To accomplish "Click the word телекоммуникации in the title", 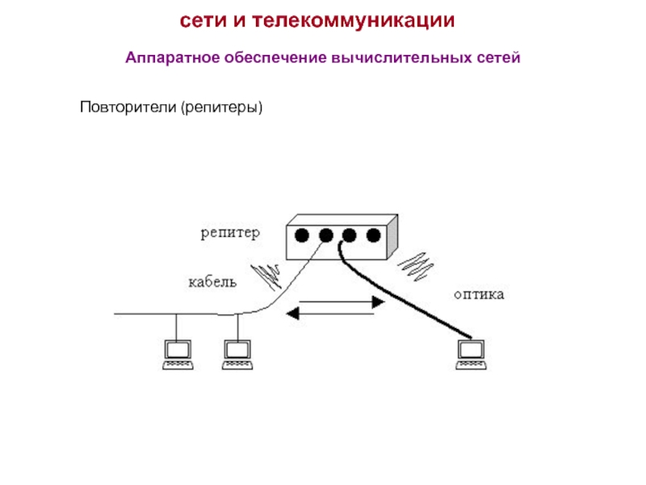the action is (x=354, y=21).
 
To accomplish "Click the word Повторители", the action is (x=128, y=107).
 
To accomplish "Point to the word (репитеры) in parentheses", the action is (x=221, y=108).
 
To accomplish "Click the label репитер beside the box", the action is (x=230, y=233).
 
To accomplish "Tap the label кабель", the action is (x=212, y=281).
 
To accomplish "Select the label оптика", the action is (x=479, y=294).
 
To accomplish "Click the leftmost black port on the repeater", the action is (x=301, y=235).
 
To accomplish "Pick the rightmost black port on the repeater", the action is (x=373, y=235).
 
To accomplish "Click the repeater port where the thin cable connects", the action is (x=326, y=235).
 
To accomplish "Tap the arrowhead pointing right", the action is (x=378, y=302).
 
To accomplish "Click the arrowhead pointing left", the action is (x=293, y=314).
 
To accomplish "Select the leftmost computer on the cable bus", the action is (x=178, y=355).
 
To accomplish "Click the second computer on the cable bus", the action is (x=237, y=355).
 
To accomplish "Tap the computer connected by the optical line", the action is (x=472, y=355).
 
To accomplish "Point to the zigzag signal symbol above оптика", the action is (x=415, y=267).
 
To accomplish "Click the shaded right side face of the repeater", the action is (x=392, y=237).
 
